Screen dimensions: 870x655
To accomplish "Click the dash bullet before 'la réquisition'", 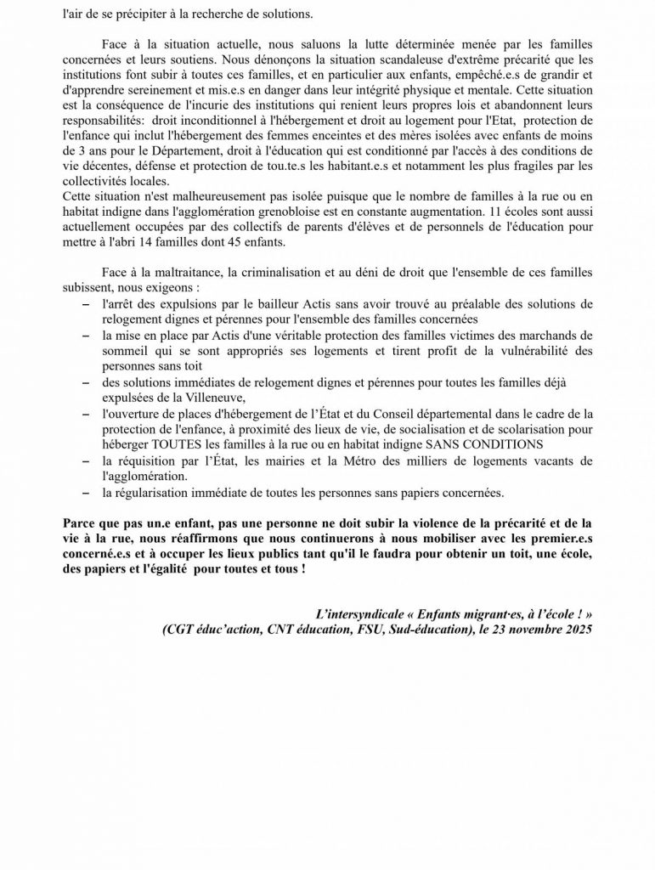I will pyautogui.click(x=83, y=460).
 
